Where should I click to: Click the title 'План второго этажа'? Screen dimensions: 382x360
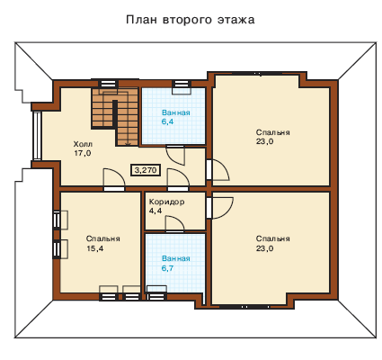click(191, 20)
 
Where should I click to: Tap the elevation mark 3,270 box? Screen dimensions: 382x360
click(146, 170)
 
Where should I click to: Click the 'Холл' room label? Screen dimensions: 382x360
click(83, 143)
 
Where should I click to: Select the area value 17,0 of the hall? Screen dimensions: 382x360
click(83, 153)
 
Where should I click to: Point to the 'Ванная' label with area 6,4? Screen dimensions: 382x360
click(176, 112)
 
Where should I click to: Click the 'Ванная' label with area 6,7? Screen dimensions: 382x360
click(176, 258)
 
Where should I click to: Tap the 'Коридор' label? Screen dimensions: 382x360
click(166, 202)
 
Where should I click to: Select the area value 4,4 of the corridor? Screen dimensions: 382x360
click(155, 211)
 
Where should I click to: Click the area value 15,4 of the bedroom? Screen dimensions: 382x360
click(95, 248)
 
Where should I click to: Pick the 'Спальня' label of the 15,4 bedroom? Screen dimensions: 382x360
click(103, 238)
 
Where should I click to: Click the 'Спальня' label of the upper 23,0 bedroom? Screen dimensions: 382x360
click(272, 132)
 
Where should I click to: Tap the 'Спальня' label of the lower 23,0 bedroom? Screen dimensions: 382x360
click(272, 238)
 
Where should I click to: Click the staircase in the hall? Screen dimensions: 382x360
click(115, 116)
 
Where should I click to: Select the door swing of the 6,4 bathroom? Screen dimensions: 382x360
click(175, 155)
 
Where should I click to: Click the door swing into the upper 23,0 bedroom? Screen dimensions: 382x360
click(221, 170)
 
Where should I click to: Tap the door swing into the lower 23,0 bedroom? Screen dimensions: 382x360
click(222, 208)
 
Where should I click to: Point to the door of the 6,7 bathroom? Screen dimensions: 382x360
click(174, 223)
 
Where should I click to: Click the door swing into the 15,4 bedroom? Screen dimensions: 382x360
click(114, 178)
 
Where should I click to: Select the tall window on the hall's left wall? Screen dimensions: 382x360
click(37, 136)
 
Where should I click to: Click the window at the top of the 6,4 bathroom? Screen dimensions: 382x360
click(182, 84)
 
